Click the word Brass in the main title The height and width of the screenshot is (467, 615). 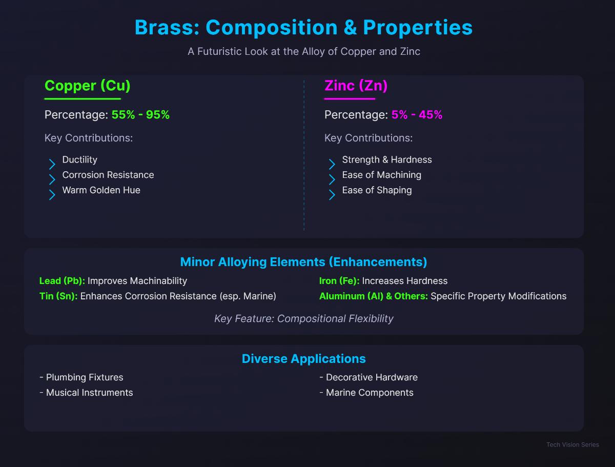tap(167, 28)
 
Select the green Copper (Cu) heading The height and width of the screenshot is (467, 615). tap(88, 86)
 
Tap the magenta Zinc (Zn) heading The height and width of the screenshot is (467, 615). tap(356, 86)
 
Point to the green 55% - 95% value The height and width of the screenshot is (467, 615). tap(140, 115)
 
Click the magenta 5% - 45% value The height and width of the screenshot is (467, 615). tap(417, 115)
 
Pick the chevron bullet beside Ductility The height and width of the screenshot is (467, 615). tap(52, 164)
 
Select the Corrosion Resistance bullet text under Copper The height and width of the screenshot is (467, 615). tap(108, 175)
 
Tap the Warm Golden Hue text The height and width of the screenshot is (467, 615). tap(101, 190)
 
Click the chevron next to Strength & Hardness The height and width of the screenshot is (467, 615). tap(332, 164)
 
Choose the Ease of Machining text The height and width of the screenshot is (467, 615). tap(382, 175)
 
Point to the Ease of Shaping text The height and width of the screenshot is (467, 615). tap(377, 190)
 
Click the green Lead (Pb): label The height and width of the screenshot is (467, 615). tap(62, 281)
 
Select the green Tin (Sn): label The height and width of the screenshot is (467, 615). tap(58, 296)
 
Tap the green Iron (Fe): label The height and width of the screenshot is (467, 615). tap(339, 281)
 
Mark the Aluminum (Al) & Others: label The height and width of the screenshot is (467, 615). tap(374, 296)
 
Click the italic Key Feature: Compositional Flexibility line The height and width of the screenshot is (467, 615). tap(304, 319)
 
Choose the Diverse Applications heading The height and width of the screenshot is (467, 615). tap(304, 359)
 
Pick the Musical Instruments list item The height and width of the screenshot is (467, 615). tap(86, 393)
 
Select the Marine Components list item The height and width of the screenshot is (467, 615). tap(366, 393)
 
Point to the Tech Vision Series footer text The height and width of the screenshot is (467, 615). tap(572, 444)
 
